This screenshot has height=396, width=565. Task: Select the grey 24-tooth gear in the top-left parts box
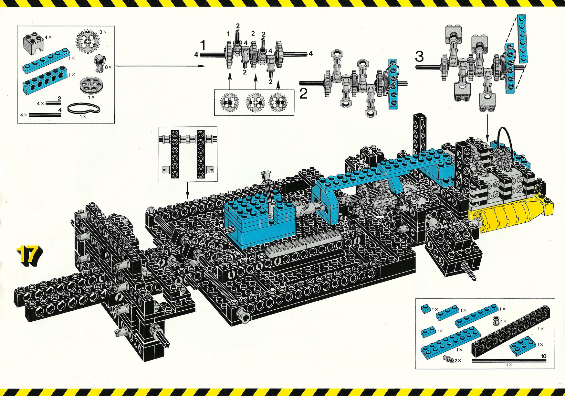coord(88,41)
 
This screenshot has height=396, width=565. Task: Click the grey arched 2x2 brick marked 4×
coord(34,41)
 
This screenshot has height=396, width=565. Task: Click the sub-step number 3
coord(419,57)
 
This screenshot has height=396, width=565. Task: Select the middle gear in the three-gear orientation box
coord(255,103)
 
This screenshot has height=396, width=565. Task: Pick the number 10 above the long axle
coord(543,356)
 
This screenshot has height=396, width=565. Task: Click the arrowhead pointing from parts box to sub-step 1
coord(202,66)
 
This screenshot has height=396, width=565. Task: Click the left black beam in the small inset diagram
coord(175,154)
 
